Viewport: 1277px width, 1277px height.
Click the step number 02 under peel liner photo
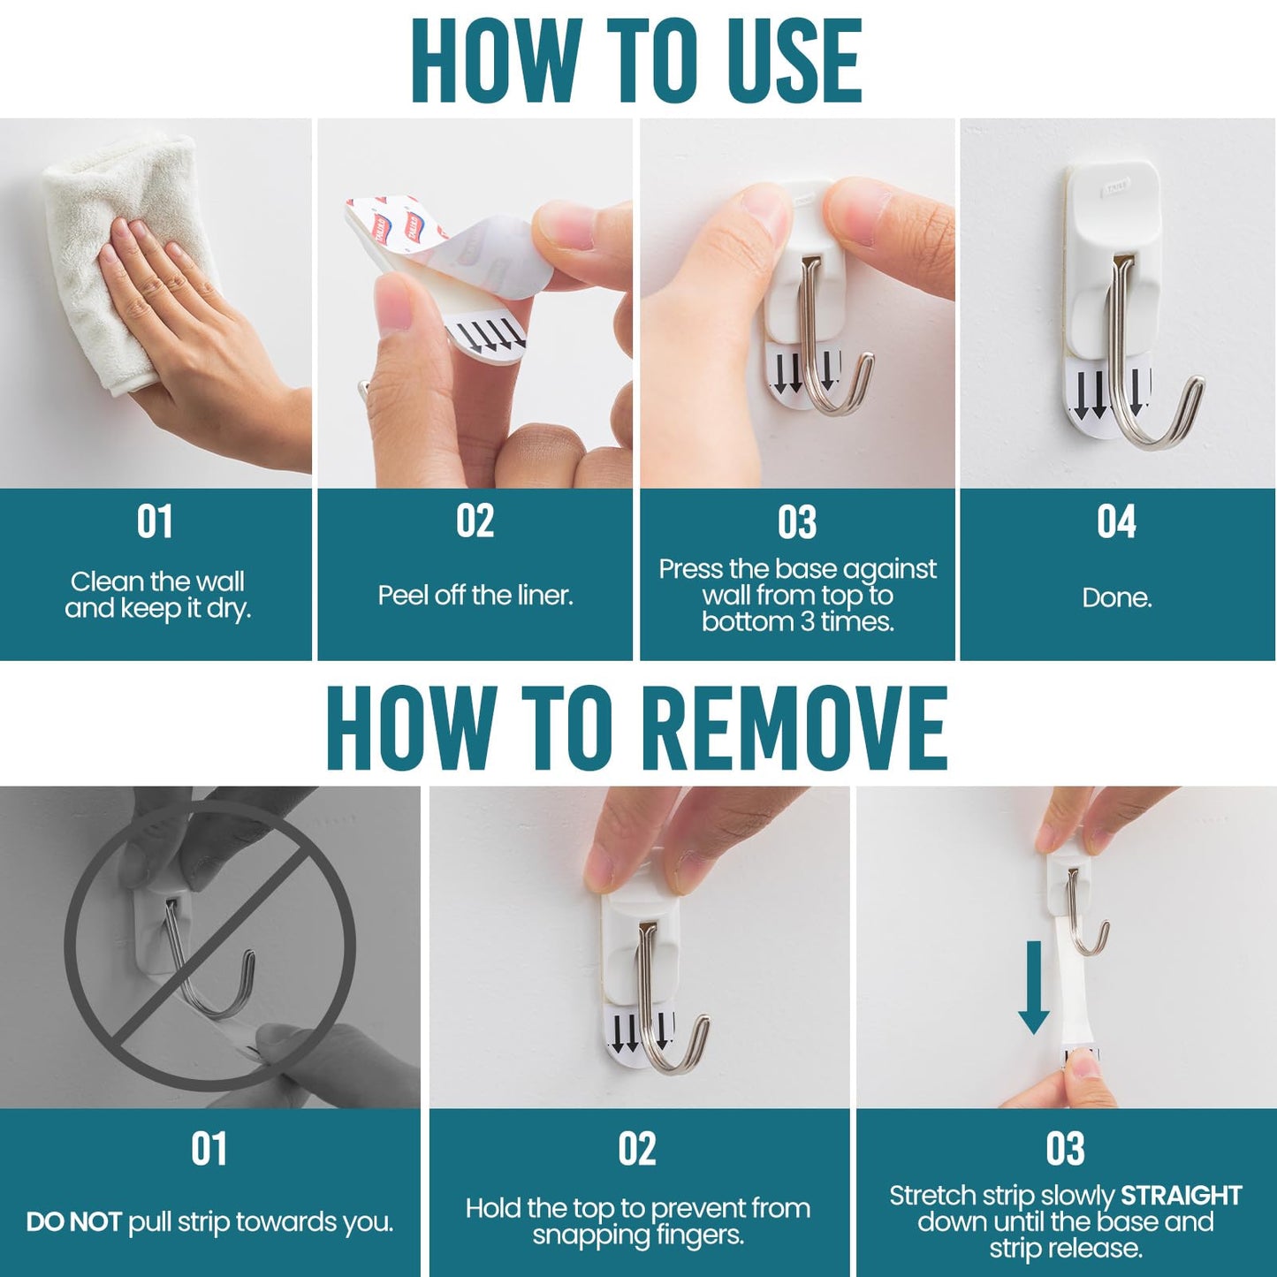[475, 521]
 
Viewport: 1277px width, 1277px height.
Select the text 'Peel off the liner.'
[475, 595]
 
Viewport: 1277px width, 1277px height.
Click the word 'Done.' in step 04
[1116, 597]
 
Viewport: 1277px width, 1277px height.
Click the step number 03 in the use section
[796, 522]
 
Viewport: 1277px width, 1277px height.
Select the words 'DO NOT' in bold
[73, 1222]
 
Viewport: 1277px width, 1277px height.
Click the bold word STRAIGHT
[1181, 1196]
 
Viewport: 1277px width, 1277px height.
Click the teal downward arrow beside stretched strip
[1033, 986]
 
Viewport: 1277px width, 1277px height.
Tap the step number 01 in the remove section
[209, 1149]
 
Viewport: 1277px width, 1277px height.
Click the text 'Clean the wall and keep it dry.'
[157, 595]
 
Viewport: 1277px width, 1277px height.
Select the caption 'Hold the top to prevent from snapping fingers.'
[638, 1221]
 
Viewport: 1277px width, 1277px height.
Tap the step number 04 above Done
[1116, 521]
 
